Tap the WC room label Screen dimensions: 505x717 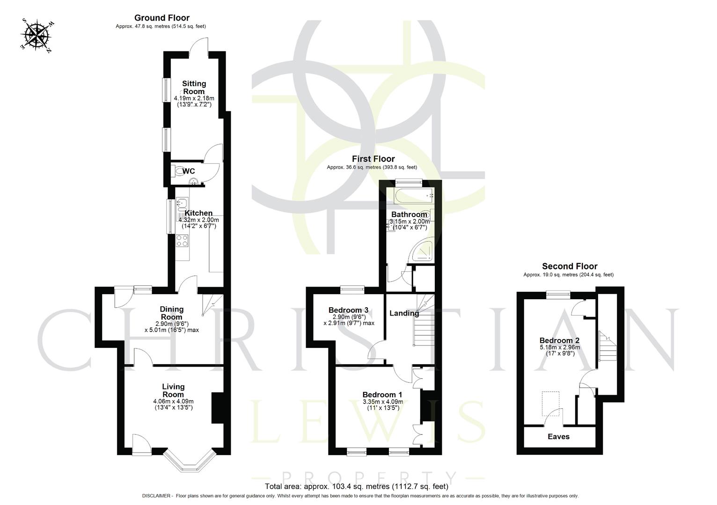click(189, 171)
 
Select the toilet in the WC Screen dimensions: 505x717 click(178, 172)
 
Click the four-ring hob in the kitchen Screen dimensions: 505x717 click(182, 241)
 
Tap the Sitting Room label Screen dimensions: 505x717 click(194, 87)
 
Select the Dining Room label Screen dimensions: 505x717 click(172, 313)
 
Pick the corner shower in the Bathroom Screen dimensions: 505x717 click(422, 251)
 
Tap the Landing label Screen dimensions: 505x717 click(404, 313)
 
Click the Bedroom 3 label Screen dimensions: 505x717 click(348, 310)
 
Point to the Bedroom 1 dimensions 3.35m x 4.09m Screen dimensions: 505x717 click(382, 401)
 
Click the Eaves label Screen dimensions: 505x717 click(558, 436)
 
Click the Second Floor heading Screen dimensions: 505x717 click(569, 266)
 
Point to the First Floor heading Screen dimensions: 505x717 click(373, 159)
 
